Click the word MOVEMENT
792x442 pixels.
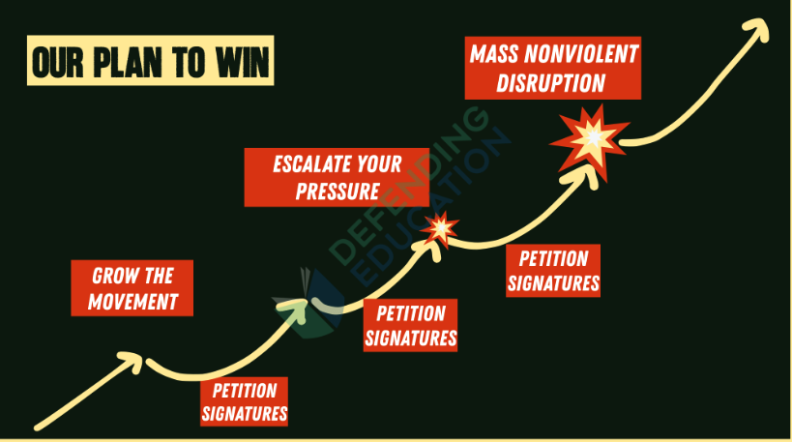[x=132, y=302]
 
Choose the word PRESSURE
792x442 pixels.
[x=337, y=192]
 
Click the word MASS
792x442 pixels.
[x=494, y=54]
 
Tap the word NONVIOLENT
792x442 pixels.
[x=582, y=54]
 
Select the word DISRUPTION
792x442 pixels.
[x=551, y=83]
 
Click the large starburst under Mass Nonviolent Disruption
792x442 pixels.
[x=591, y=140]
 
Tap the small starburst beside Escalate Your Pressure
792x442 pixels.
[x=440, y=229]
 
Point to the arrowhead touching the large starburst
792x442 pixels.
[x=586, y=174]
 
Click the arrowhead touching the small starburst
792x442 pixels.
[x=430, y=249]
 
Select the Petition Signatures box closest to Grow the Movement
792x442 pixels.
[x=245, y=401]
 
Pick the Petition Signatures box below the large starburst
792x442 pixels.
[x=553, y=271]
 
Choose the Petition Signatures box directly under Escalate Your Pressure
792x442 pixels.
[x=410, y=325]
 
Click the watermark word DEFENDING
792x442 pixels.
[x=408, y=187]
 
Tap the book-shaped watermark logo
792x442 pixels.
[x=308, y=304]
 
